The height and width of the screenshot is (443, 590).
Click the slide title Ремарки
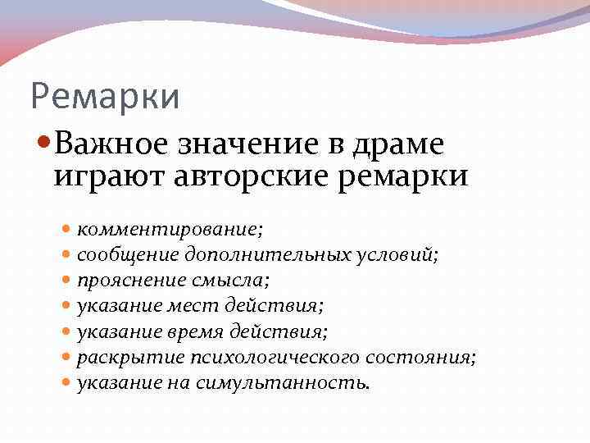(x=104, y=96)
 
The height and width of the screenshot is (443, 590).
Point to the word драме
(x=400, y=144)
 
